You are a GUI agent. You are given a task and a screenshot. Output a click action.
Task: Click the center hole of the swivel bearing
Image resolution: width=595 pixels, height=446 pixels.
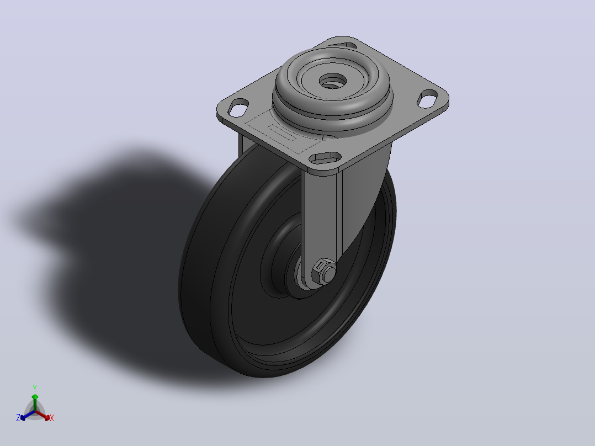click(333, 81)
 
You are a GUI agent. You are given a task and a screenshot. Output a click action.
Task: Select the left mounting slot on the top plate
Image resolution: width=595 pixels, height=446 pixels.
click(238, 108)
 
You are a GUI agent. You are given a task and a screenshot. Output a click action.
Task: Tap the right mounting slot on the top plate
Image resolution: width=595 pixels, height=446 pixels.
click(428, 98)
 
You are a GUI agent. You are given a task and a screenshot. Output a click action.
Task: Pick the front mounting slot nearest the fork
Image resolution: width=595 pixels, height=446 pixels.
click(325, 157)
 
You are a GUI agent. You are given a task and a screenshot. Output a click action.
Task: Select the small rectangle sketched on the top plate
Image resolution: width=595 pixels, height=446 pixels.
click(281, 132)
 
